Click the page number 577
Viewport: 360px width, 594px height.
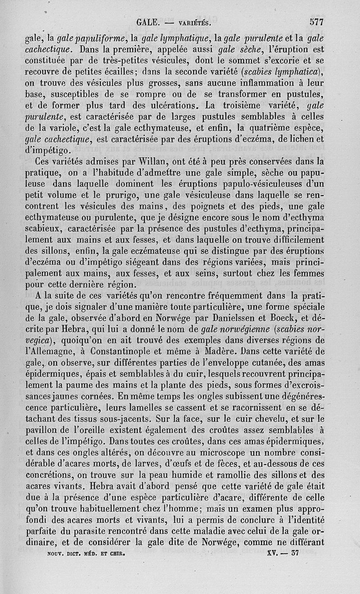click(316, 21)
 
